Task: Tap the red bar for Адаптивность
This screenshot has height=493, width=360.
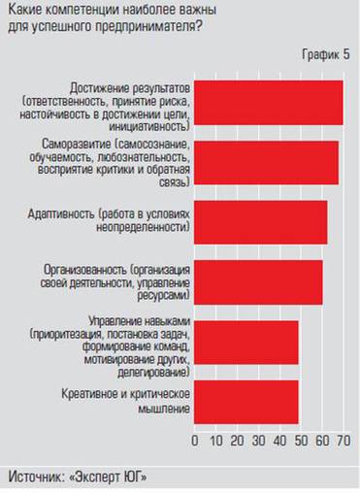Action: click(x=261, y=221)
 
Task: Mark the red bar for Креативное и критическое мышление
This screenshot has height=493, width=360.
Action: click(x=246, y=401)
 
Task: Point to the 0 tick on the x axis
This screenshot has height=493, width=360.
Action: click(x=195, y=443)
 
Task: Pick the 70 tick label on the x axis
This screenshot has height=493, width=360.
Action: click(x=342, y=443)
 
